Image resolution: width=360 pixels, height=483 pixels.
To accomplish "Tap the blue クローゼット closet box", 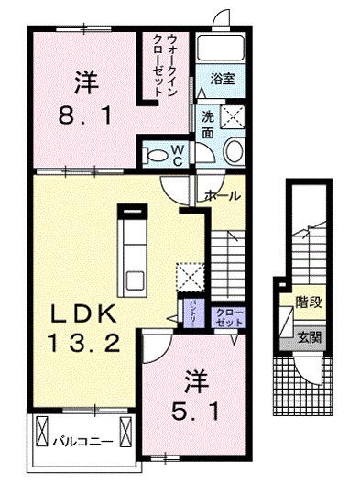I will (225, 316).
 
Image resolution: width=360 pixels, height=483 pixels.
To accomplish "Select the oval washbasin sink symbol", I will (233, 150).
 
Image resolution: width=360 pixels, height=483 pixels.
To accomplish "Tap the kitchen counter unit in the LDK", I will (135, 247).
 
